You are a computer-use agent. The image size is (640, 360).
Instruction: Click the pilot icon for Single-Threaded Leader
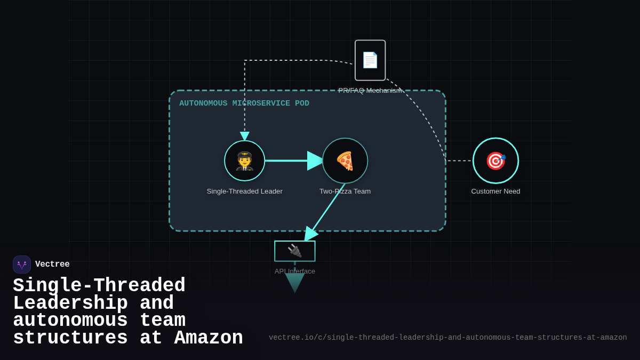tap(244, 161)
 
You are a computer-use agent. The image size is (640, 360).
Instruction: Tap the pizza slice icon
tap(345, 161)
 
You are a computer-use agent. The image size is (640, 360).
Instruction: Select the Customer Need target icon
tap(495, 161)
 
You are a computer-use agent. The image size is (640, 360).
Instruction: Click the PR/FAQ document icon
tap(370, 60)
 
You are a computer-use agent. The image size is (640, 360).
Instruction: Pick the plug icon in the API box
tap(294, 251)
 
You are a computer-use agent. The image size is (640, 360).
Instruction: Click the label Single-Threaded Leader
tap(244, 191)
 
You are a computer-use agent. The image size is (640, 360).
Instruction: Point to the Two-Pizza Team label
tap(345, 191)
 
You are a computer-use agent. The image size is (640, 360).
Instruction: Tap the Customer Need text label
tap(495, 191)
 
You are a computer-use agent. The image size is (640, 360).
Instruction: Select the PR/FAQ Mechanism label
tap(370, 91)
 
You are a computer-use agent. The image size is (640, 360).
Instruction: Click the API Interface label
tap(294, 271)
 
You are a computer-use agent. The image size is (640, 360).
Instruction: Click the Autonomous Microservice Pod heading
tap(244, 103)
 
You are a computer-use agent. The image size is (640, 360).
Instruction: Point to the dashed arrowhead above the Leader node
tap(244, 136)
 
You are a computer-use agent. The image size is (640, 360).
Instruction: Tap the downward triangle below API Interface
tap(294, 282)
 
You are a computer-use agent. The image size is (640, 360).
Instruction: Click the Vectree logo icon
tap(22, 265)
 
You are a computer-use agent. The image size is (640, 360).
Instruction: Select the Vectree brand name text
tap(52, 265)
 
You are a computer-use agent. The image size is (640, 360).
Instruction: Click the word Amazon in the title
tap(209, 338)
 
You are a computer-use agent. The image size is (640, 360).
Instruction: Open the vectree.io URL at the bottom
tap(447, 338)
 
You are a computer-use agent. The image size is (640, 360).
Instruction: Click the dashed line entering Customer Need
tap(459, 161)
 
